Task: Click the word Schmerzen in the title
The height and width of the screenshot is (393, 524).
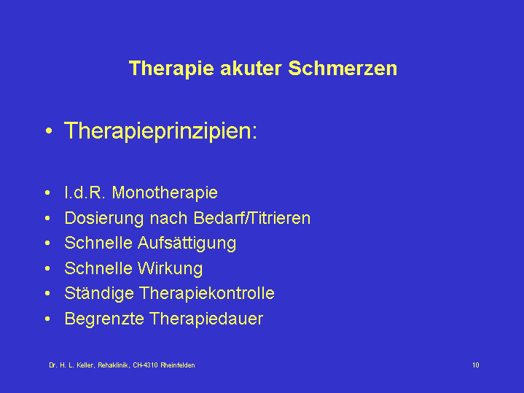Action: [343, 69]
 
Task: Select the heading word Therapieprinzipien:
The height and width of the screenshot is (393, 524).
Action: [160, 131]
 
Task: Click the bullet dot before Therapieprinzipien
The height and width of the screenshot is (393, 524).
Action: [49, 131]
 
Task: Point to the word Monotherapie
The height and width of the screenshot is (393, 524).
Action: [165, 192]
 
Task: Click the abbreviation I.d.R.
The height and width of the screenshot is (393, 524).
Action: [85, 192]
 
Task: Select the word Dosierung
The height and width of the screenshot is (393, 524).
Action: [104, 219]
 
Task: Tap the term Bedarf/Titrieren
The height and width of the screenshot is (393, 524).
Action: [252, 218]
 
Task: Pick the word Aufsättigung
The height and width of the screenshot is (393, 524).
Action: [187, 244]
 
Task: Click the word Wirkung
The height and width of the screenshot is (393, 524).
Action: [170, 268]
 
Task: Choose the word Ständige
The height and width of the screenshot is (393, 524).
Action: [99, 294]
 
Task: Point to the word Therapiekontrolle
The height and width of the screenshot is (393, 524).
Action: [207, 293]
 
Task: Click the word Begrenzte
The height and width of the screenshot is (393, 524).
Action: [104, 319]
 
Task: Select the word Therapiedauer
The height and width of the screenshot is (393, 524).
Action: [206, 319]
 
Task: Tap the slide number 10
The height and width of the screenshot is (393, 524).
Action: [476, 365]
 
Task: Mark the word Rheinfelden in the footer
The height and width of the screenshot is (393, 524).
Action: [177, 365]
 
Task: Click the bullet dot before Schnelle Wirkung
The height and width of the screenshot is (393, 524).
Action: [47, 268]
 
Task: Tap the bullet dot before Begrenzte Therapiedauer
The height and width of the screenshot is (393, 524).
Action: [47, 319]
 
